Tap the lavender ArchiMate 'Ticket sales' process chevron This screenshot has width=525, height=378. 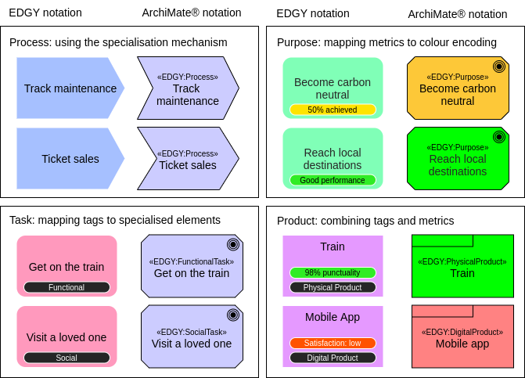(188, 159)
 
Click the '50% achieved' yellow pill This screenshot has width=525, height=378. (333, 110)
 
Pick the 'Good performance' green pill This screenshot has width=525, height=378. (333, 180)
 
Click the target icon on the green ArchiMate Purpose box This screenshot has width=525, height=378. (498, 137)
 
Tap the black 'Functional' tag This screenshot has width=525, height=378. (67, 287)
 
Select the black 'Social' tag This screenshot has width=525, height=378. (67, 358)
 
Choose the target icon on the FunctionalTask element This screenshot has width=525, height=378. (232, 245)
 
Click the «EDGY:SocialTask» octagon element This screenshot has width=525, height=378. (192, 337)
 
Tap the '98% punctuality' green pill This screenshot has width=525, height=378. (333, 273)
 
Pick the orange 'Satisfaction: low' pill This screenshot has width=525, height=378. (333, 343)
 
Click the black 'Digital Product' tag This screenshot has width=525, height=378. (333, 358)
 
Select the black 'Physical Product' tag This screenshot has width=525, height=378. (333, 287)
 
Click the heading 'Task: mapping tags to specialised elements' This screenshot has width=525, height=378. (115, 221)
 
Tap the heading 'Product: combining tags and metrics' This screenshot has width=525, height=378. (365, 221)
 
